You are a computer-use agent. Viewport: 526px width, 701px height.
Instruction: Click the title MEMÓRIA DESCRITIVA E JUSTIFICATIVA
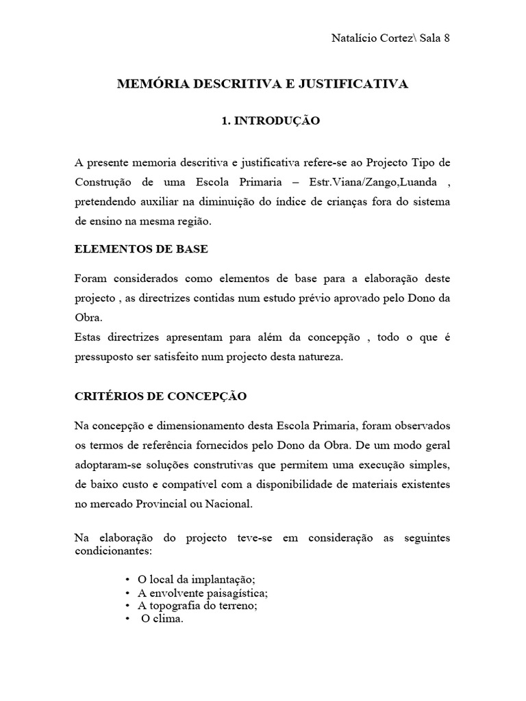point(263,84)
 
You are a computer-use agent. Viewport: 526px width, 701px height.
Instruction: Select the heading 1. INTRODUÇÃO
point(261,120)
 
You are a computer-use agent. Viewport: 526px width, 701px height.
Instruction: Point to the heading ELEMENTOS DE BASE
point(141,249)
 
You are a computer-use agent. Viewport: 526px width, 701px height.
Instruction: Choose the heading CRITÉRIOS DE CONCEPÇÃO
point(161,396)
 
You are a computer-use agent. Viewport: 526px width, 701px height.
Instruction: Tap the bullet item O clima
point(162,620)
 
